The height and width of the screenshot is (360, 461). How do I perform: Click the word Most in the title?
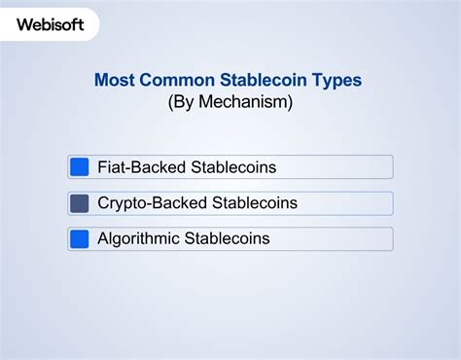[x=114, y=80]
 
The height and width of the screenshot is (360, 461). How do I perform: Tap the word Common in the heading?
[x=175, y=80]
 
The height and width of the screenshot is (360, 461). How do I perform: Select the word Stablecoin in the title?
[x=259, y=80]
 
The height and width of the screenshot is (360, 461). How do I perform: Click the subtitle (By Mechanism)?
[x=230, y=100]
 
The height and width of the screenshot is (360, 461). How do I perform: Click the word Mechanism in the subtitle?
[x=243, y=100]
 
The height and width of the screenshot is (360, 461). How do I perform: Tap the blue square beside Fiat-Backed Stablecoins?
[x=80, y=167]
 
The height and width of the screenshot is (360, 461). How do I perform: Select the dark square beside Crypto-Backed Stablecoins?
[x=80, y=203]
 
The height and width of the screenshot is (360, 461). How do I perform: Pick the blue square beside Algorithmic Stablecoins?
[x=80, y=238]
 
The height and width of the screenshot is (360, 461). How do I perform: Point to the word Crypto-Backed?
[x=150, y=203]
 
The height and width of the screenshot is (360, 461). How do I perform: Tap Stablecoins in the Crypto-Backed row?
[x=252, y=203]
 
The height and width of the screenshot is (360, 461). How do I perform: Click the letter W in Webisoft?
[x=25, y=24]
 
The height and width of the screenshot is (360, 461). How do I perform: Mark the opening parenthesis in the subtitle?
[x=171, y=100]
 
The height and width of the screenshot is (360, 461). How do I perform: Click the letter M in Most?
[x=101, y=80]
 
